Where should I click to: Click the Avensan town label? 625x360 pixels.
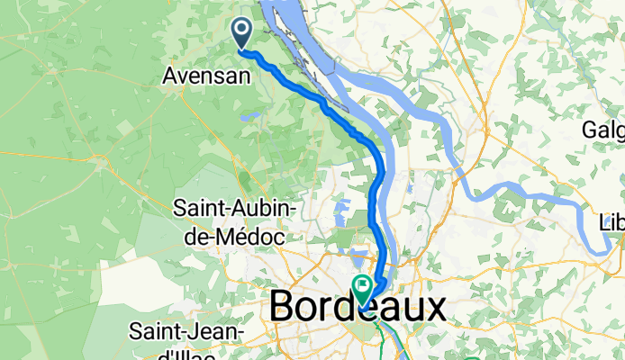tap(206, 77)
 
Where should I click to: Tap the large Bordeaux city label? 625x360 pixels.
tap(357, 309)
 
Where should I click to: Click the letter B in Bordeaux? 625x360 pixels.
tap(284, 309)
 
